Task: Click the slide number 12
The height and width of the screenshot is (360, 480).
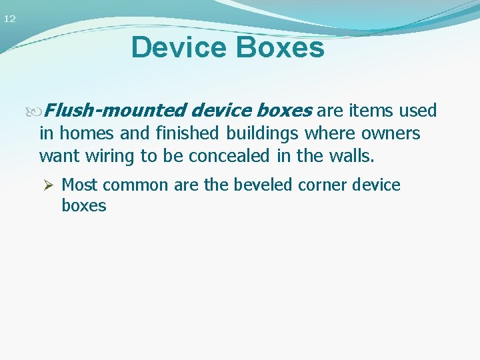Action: [9, 19]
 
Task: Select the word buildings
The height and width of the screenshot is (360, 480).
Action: [262, 134]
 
